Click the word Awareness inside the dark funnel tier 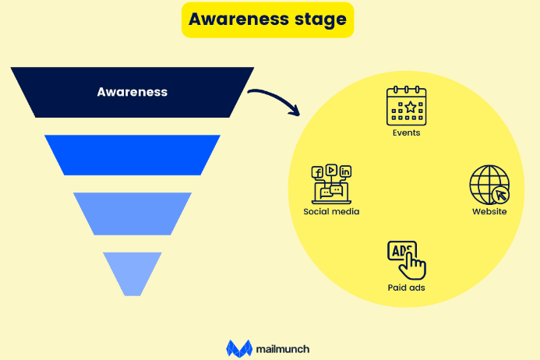click(132, 92)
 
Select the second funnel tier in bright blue click(132, 154)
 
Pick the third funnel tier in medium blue click(132, 213)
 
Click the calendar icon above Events click(407, 106)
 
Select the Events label click(407, 132)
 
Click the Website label click(489, 212)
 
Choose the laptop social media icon click(331, 184)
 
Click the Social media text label click(331, 211)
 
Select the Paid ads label click(407, 288)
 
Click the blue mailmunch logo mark click(238, 348)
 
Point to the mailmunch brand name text click(282, 348)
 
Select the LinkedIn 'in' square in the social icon click(345, 171)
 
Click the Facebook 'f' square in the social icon click(317, 172)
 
